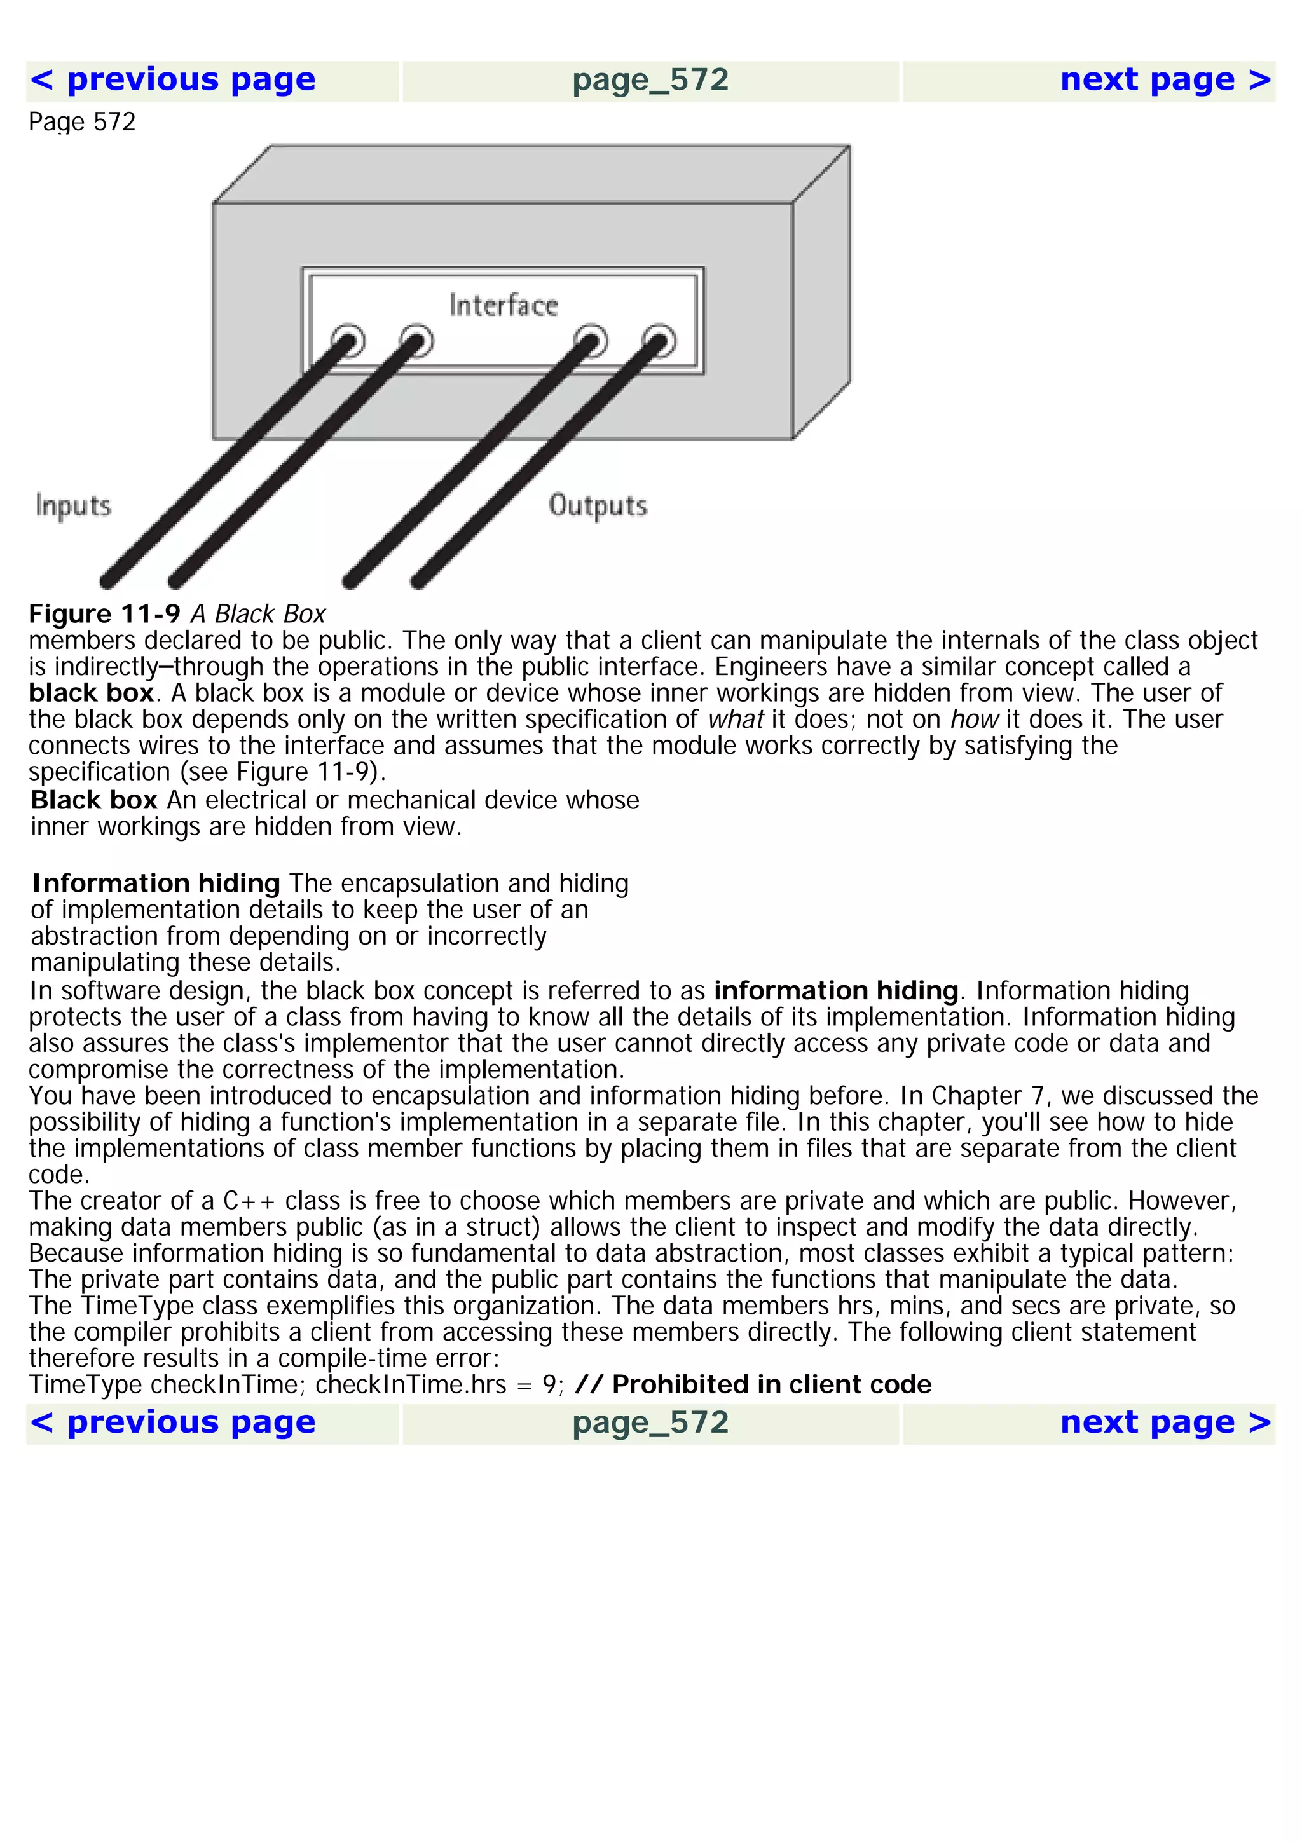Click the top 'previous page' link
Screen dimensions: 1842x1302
(172, 80)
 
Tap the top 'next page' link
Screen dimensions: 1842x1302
(1165, 80)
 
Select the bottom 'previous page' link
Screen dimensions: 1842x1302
(172, 1422)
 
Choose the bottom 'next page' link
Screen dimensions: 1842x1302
(1165, 1422)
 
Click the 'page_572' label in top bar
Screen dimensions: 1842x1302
(650, 80)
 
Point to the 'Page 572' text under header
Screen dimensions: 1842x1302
(82, 122)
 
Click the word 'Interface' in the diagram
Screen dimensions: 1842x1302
(503, 305)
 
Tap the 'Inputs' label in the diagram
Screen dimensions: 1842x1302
(73, 505)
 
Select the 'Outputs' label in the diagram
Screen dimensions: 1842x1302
(598, 505)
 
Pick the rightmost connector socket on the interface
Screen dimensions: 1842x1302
(659, 341)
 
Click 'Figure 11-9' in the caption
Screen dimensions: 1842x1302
(104, 614)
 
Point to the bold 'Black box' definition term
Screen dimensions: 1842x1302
(94, 800)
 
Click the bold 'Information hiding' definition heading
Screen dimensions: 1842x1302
(156, 883)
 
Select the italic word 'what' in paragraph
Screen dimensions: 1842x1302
(735, 720)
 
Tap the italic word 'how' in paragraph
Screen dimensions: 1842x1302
(974, 720)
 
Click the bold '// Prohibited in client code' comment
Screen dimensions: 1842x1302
(753, 1385)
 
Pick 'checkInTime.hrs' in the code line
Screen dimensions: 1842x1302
(411, 1385)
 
